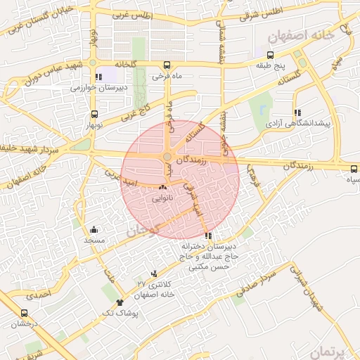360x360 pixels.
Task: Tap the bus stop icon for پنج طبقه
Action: pyautogui.click(x=271, y=54)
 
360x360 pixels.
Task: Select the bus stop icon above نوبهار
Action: pyautogui.click(x=94, y=114)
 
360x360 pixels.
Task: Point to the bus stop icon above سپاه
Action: pyautogui.click(x=354, y=168)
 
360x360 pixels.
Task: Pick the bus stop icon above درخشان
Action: pyautogui.click(x=25, y=314)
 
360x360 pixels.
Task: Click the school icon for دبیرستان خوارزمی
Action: pyautogui.click(x=98, y=77)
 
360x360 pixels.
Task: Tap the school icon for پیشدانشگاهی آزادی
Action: pyautogui.click(x=298, y=112)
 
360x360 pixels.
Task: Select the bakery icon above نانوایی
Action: pyautogui.click(x=163, y=188)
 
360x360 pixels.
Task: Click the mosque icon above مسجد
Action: pyautogui.click(x=94, y=229)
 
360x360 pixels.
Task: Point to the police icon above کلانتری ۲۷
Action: pyautogui.click(x=154, y=273)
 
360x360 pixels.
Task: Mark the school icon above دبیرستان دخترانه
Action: pyautogui.click(x=207, y=236)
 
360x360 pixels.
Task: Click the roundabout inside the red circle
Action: pyautogui.click(x=168, y=157)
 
